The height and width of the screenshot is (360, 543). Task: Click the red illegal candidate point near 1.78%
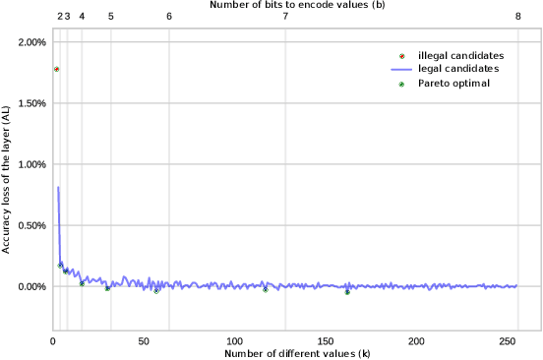pos(56,69)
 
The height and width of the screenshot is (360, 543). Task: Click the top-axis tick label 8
pos(517,17)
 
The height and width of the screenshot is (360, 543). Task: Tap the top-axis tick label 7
pos(285,17)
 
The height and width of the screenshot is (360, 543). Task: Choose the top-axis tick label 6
pos(169,17)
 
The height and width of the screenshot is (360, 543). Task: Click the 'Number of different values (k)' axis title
pos(297,352)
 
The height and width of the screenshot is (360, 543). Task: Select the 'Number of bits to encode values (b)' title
pos(297,5)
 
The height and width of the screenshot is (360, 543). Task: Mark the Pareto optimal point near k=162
pos(347,292)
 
